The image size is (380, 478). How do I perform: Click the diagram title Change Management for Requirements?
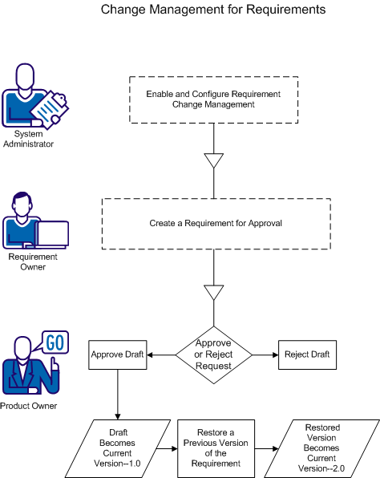(x=213, y=10)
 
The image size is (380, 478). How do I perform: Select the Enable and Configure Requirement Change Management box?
(x=213, y=99)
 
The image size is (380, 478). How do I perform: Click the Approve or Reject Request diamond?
(x=213, y=354)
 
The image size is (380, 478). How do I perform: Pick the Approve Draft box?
(x=118, y=354)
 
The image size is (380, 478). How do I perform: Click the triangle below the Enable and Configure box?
(x=213, y=160)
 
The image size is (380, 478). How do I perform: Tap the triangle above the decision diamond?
(x=213, y=292)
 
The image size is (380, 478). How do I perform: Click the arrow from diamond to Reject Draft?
(x=264, y=354)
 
